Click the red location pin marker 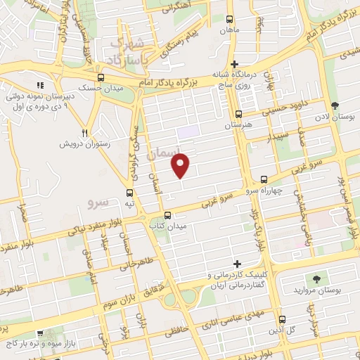tap(181, 165)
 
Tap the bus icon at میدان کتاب tap(167, 215)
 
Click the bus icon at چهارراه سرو tap(264, 180)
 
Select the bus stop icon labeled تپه tap(129, 193)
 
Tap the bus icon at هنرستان tap(238, 114)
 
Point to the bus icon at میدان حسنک tap(101, 78)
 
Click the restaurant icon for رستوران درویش tap(84, 132)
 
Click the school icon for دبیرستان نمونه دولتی tap(40, 86)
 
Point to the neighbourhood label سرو tap(98, 202)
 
